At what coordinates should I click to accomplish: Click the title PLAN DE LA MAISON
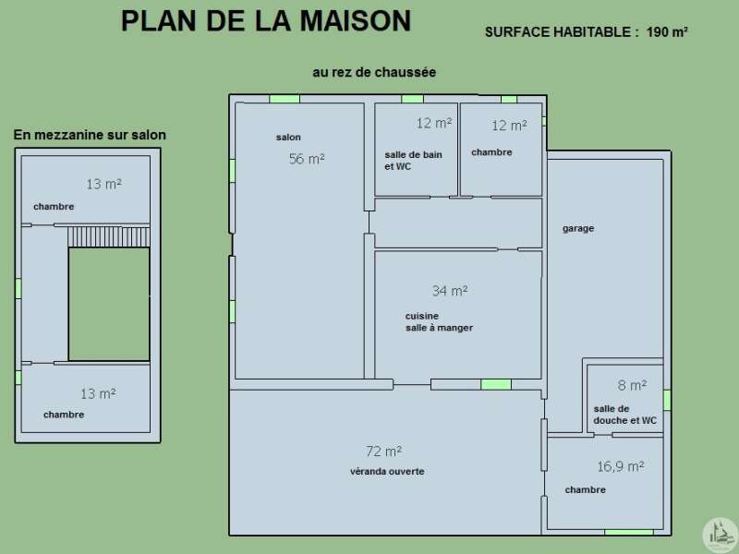coord(266,21)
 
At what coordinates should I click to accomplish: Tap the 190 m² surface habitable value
coord(667,32)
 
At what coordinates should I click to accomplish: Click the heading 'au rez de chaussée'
coord(374,72)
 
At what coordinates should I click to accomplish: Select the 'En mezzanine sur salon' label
coord(90,135)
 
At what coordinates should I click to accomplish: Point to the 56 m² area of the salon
coord(307,158)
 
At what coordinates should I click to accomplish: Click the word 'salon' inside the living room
coord(288,137)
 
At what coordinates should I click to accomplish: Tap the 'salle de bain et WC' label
coord(413,160)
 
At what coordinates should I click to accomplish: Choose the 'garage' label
coord(578,228)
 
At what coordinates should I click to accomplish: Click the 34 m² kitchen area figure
coord(450,290)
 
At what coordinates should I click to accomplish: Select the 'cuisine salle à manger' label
coord(439,321)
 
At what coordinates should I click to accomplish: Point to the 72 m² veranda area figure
coord(383,452)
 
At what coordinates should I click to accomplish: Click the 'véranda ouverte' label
coord(387,471)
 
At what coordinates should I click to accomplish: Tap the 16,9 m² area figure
coord(621,466)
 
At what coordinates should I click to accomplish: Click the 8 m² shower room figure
coord(632,385)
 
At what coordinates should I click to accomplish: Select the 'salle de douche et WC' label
coord(624,415)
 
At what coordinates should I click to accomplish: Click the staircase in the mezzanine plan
coord(108,237)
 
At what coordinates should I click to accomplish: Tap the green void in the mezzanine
coord(109,305)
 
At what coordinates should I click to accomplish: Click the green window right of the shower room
coord(667,400)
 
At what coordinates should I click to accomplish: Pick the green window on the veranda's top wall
coord(496,384)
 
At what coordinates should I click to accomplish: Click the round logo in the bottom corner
coord(720,535)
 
